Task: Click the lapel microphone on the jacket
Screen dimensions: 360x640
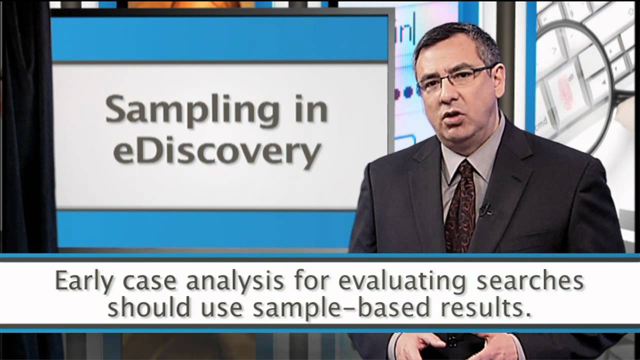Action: pyautogui.click(x=484, y=208)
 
